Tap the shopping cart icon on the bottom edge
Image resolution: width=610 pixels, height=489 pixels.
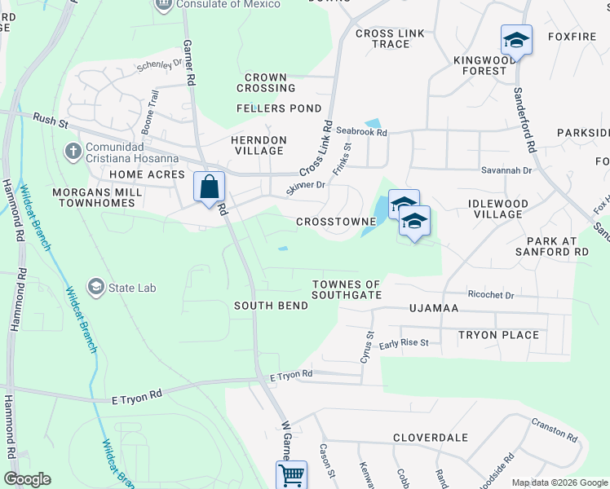point(291,474)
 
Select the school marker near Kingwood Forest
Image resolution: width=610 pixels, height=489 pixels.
point(516,39)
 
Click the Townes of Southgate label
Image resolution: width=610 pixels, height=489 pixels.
point(347,289)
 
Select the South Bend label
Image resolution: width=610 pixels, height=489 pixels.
point(271,306)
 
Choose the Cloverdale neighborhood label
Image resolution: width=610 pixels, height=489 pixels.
point(429,437)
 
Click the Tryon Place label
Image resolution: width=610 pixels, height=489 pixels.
point(498,335)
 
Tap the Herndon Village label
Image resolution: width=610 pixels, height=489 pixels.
point(259,145)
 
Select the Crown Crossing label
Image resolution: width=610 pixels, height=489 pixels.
point(266,82)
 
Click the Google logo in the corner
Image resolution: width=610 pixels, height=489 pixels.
point(27,479)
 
